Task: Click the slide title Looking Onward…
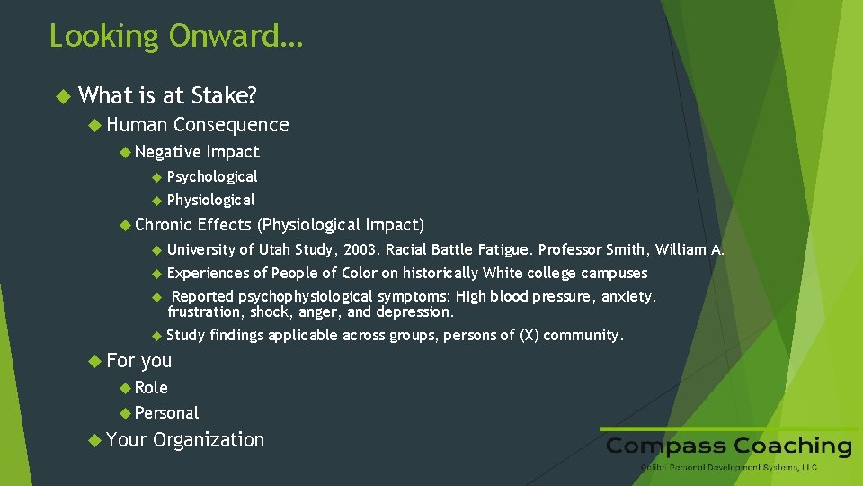coord(176,37)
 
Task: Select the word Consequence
coord(231,125)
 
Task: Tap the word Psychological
coord(212,176)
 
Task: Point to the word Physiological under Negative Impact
coord(211,200)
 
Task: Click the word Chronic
coord(163,225)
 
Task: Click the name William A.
coord(690,249)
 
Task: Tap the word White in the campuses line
coord(502,273)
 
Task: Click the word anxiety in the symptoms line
coord(628,296)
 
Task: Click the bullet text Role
coord(151,388)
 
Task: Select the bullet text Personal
coord(166,413)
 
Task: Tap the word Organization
coord(209,440)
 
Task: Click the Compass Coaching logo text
coord(728,446)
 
